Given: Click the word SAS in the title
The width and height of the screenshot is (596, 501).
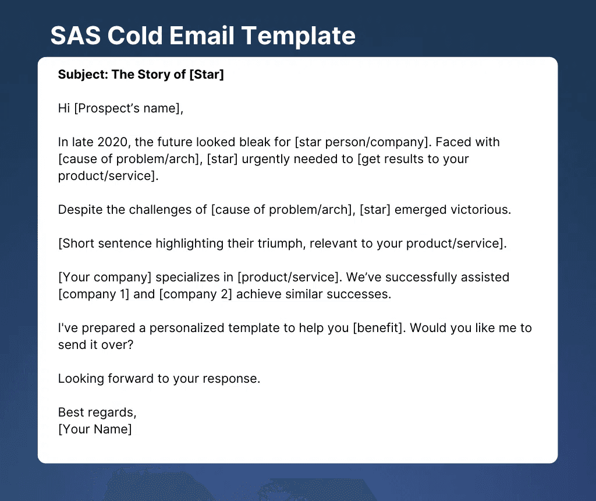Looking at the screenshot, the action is (76, 36).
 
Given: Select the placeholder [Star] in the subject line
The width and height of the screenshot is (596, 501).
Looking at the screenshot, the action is (207, 75).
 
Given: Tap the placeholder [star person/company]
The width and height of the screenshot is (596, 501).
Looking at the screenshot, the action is (361, 142).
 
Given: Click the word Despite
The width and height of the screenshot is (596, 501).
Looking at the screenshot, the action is (80, 210).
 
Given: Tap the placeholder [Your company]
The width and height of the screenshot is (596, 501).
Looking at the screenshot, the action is (105, 277).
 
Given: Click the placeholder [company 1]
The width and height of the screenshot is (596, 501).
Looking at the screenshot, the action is (94, 294).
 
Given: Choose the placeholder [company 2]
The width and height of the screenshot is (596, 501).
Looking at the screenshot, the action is (196, 294).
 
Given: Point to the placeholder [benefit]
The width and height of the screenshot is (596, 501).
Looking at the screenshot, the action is (377, 328).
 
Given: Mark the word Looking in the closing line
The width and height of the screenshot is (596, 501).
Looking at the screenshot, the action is (81, 379).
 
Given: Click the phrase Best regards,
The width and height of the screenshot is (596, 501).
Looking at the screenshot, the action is (97, 413).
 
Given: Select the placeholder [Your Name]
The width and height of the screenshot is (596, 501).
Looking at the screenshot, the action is (95, 429).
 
